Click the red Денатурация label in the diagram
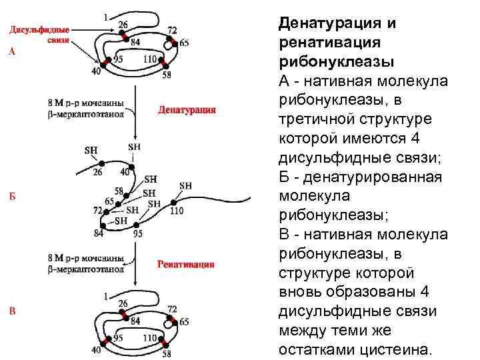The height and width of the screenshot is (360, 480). (187, 110)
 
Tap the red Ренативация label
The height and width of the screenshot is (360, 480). (186, 264)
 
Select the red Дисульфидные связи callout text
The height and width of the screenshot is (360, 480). (39, 35)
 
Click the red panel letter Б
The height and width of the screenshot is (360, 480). (13, 197)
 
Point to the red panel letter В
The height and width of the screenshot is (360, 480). (13, 310)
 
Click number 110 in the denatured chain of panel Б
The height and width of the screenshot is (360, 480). (177, 211)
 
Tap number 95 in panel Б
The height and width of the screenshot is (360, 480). (137, 233)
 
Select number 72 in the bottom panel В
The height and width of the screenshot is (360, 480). (172, 309)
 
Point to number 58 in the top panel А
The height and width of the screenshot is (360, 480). (166, 75)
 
